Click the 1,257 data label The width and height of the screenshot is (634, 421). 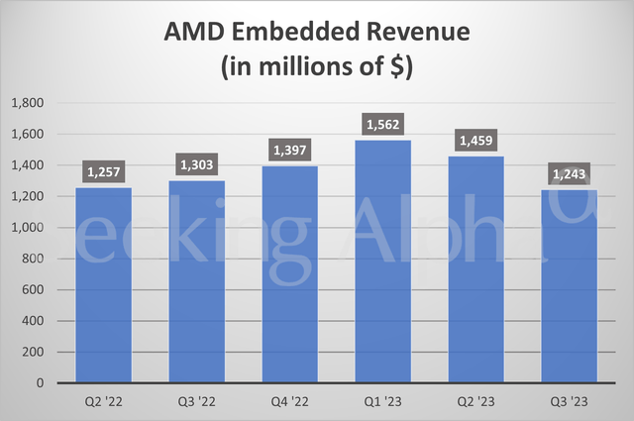point(103,173)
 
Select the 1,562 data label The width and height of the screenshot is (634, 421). point(382,126)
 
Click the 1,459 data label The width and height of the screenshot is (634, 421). point(475,142)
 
